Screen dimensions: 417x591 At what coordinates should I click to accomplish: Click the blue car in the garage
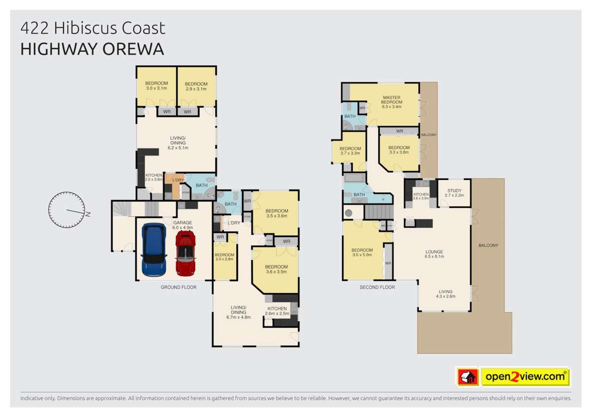click(x=154, y=250)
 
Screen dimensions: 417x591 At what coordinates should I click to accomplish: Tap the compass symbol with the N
click(x=66, y=210)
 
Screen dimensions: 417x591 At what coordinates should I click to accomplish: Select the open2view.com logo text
click(x=525, y=377)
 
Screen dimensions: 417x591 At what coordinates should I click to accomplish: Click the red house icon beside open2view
click(x=468, y=377)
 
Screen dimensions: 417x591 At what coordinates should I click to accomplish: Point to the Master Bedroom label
click(x=392, y=101)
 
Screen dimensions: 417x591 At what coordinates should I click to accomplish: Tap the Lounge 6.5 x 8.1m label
click(x=434, y=254)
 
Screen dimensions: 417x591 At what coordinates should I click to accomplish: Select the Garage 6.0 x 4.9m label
click(x=182, y=225)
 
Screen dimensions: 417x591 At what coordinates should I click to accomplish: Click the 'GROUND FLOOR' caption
click(x=178, y=287)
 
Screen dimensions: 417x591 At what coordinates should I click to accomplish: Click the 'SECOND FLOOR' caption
click(x=377, y=287)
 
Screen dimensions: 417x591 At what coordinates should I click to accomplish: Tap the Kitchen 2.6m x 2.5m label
click(x=277, y=311)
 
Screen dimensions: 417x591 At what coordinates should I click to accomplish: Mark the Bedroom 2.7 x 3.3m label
click(x=350, y=150)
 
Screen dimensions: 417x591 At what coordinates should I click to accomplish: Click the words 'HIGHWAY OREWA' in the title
click(x=92, y=50)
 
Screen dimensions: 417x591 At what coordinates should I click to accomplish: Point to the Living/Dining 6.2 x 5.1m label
click(x=178, y=143)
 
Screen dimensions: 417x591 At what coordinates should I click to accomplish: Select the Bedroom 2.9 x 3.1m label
click(x=196, y=86)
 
